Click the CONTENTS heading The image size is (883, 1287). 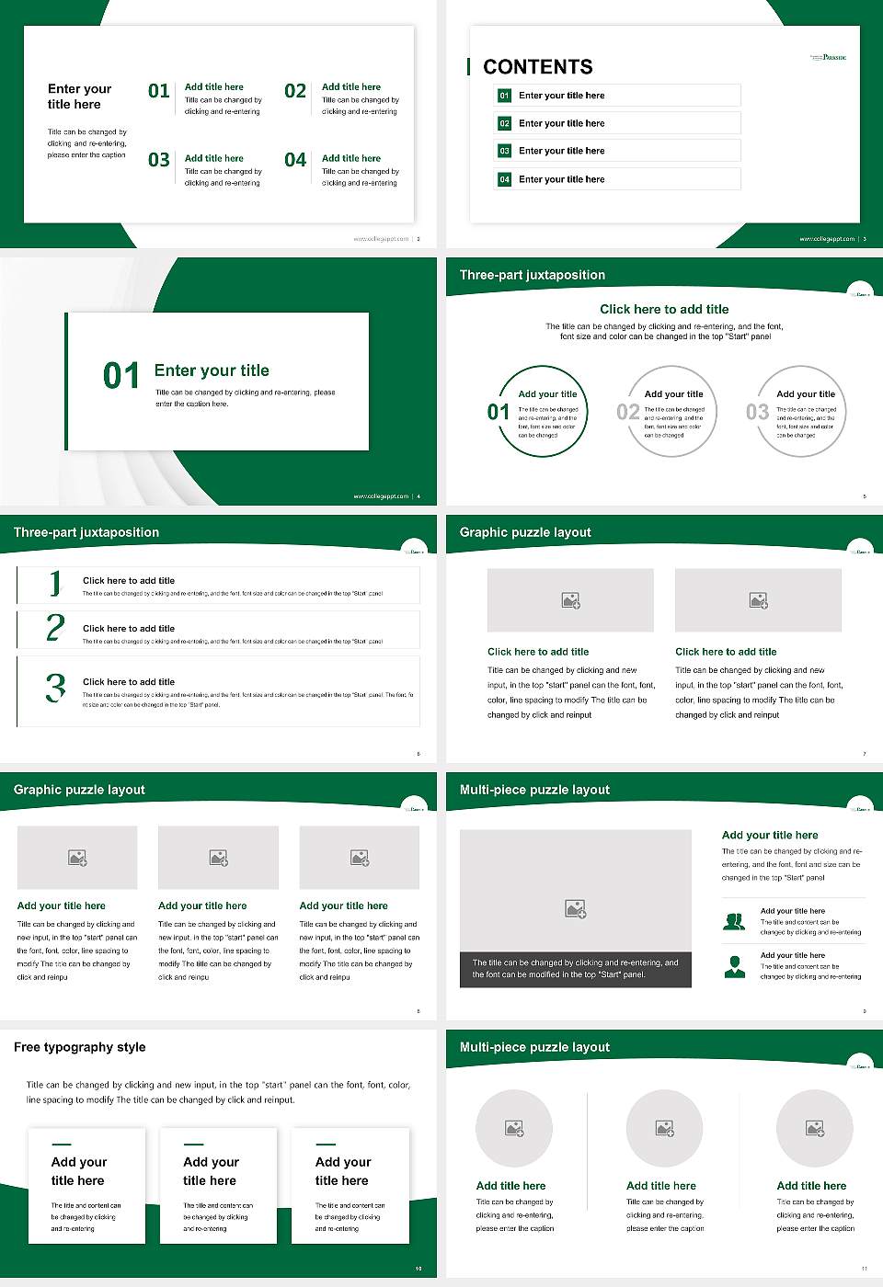[538, 67]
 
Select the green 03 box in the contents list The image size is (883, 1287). [504, 151]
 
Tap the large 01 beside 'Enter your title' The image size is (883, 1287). [121, 376]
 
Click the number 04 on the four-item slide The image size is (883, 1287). [295, 161]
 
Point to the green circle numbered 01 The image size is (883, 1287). [543, 411]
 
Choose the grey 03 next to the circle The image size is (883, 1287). [757, 412]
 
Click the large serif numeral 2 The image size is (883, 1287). [55, 628]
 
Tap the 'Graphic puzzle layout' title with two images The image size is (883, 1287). [525, 532]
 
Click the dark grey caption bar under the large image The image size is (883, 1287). [575, 969]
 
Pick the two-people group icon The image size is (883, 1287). [734, 921]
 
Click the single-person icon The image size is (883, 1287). [734, 966]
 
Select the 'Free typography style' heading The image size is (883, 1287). [80, 1047]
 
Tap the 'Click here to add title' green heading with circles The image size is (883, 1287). [664, 310]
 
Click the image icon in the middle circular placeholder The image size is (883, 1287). [664, 1128]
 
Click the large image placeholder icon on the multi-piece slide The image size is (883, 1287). [575, 909]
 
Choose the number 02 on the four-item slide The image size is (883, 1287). [295, 91]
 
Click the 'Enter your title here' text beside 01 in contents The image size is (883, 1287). [561, 96]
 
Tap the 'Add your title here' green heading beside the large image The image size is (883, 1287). [770, 836]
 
